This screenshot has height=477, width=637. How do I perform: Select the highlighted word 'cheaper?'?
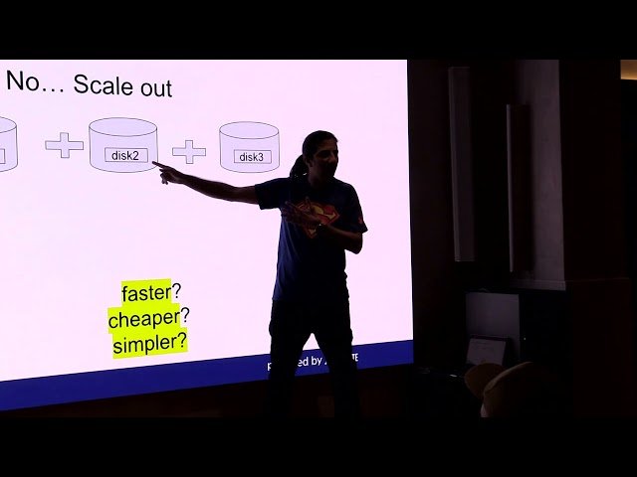pos(149,319)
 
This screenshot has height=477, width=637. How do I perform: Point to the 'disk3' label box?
pos(251,157)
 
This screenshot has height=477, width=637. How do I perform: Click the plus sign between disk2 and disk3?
pos(189,151)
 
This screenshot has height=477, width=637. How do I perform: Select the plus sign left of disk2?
pos(65,145)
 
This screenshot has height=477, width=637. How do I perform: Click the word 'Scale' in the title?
pos(105,85)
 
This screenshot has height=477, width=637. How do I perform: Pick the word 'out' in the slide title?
pos(155,87)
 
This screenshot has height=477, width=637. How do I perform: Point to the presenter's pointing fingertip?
pos(155,165)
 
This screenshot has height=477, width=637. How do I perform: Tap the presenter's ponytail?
pos(299,166)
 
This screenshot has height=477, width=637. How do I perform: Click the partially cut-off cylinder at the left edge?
pos(6,144)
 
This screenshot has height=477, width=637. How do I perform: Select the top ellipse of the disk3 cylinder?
pos(249,132)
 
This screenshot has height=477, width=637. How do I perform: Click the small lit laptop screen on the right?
pos(486,351)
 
